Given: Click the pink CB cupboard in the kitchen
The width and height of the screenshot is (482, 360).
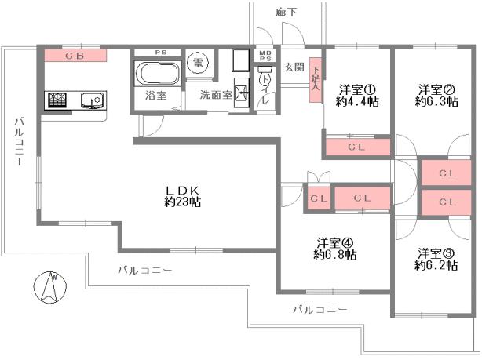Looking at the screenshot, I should point(75,56).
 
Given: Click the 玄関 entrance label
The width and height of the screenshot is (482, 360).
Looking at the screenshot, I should point(294,67).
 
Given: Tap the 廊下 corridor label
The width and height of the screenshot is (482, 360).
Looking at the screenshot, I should point(287,13).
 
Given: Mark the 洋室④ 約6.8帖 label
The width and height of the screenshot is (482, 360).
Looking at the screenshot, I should point(335,248).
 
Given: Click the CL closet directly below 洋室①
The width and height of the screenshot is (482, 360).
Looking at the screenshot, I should point(356,147).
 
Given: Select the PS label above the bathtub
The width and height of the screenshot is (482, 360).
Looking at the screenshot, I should point(159,53).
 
